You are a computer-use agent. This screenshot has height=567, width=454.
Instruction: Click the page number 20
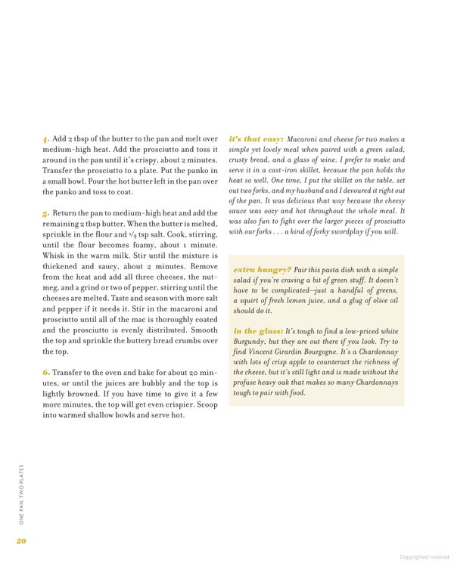21,539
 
